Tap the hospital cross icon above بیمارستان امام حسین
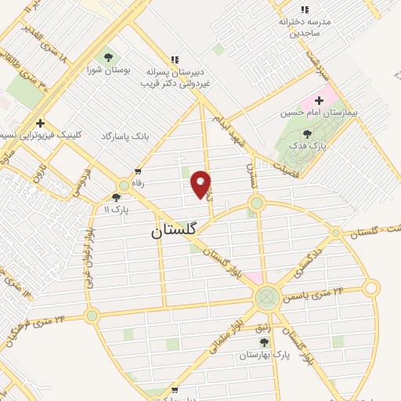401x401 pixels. [x=320, y=101]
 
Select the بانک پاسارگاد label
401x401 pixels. [x=125, y=136]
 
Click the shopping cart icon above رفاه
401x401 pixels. [x=139, y=171]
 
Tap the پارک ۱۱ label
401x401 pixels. [x=116, y=210]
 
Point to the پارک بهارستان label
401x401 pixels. [x=264, y=354]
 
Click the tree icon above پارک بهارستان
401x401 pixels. [x=264, y=342]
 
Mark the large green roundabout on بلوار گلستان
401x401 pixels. [x=266, y=296]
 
